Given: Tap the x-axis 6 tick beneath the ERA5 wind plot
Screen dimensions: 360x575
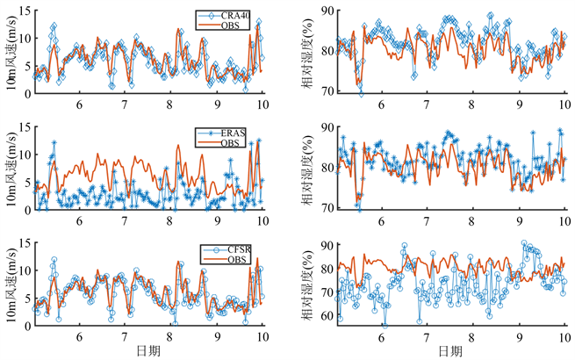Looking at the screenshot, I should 80,219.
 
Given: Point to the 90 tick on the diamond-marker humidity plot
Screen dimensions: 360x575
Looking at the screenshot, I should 327,10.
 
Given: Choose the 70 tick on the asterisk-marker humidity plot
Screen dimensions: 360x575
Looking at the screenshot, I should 327,208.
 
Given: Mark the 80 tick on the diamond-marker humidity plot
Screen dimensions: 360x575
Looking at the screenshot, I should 327,51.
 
